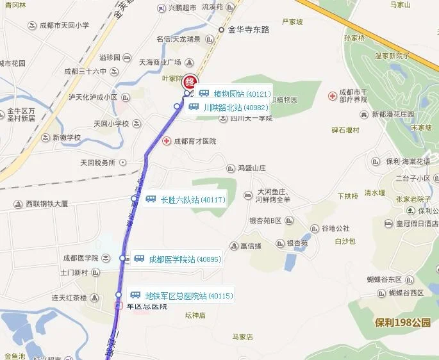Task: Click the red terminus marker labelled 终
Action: tap(190, 83)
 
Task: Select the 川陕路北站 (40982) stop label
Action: tap(235, 108)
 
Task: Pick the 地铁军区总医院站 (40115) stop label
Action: tap(188, 296)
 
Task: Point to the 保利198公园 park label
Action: tap(403, 322)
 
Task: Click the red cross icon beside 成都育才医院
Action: tap(167, 141)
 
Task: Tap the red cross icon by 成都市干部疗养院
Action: tap(332, 96)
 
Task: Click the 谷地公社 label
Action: tap(335, 229)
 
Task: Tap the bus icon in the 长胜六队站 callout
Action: tap(151, 199)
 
